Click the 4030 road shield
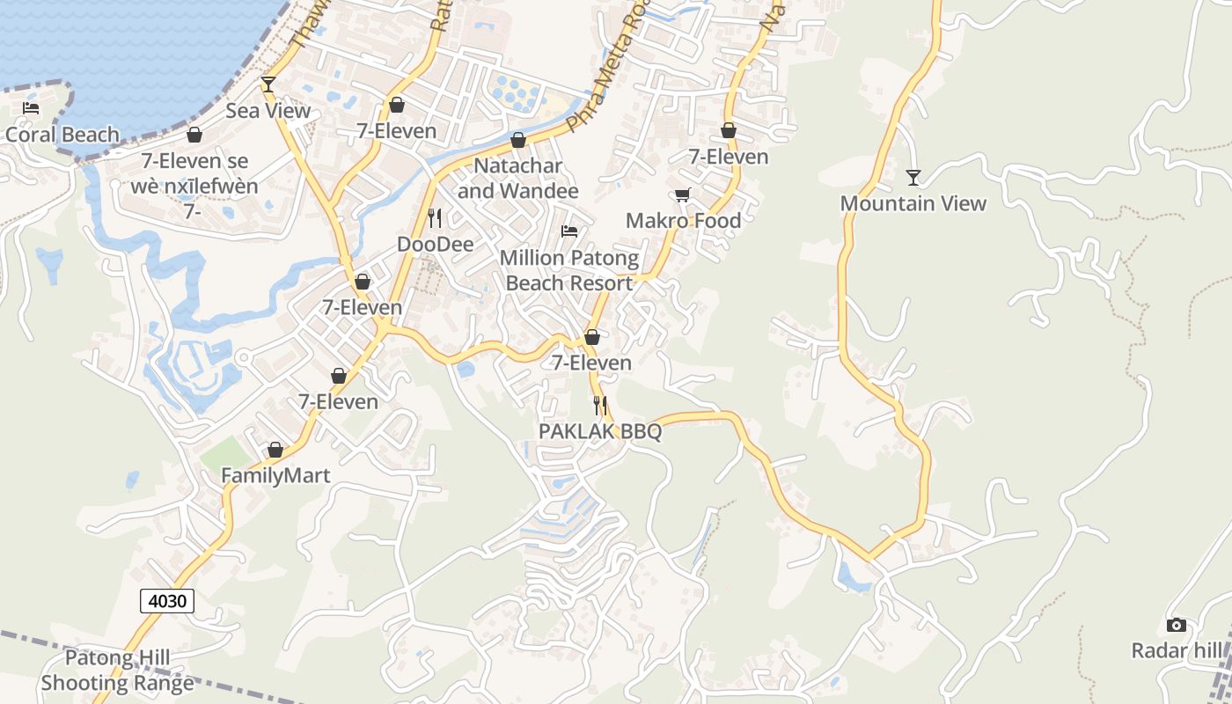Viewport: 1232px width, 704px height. click(x=167, y=601)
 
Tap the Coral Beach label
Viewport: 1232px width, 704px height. click(x=62, y=135)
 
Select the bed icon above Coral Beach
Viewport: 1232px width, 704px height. click(x=31, y=108)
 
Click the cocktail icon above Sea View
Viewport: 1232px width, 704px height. click(x=268, y=84)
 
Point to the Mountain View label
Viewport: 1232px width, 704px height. click(x=913, y=203)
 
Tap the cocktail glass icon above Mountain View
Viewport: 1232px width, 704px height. click(x=913, y=178)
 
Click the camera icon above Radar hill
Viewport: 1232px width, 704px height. click(x=1176, y=625)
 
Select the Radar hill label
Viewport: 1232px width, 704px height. click(x=1177, y=650)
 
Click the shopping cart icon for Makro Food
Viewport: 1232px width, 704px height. click(x=683, y=194)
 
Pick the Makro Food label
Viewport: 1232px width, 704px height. click(x=684, y=220)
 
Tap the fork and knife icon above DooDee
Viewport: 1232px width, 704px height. click(x=435, y=217)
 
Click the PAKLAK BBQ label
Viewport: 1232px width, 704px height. click(x=600, y=431)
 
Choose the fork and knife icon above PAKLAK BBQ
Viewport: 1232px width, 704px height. click(x=600, y=406)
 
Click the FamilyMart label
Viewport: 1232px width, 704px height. click(x=275, y=475)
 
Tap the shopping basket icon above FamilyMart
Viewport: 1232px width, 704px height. click(x=275, y=450)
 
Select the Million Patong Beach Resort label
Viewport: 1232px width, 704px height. click(x=569, y=270)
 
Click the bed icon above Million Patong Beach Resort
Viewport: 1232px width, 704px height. click(x=569, y=231)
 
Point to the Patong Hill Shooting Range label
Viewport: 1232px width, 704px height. click(x=117, y=670)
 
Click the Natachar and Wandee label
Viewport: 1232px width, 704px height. click(x=518, y=178)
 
